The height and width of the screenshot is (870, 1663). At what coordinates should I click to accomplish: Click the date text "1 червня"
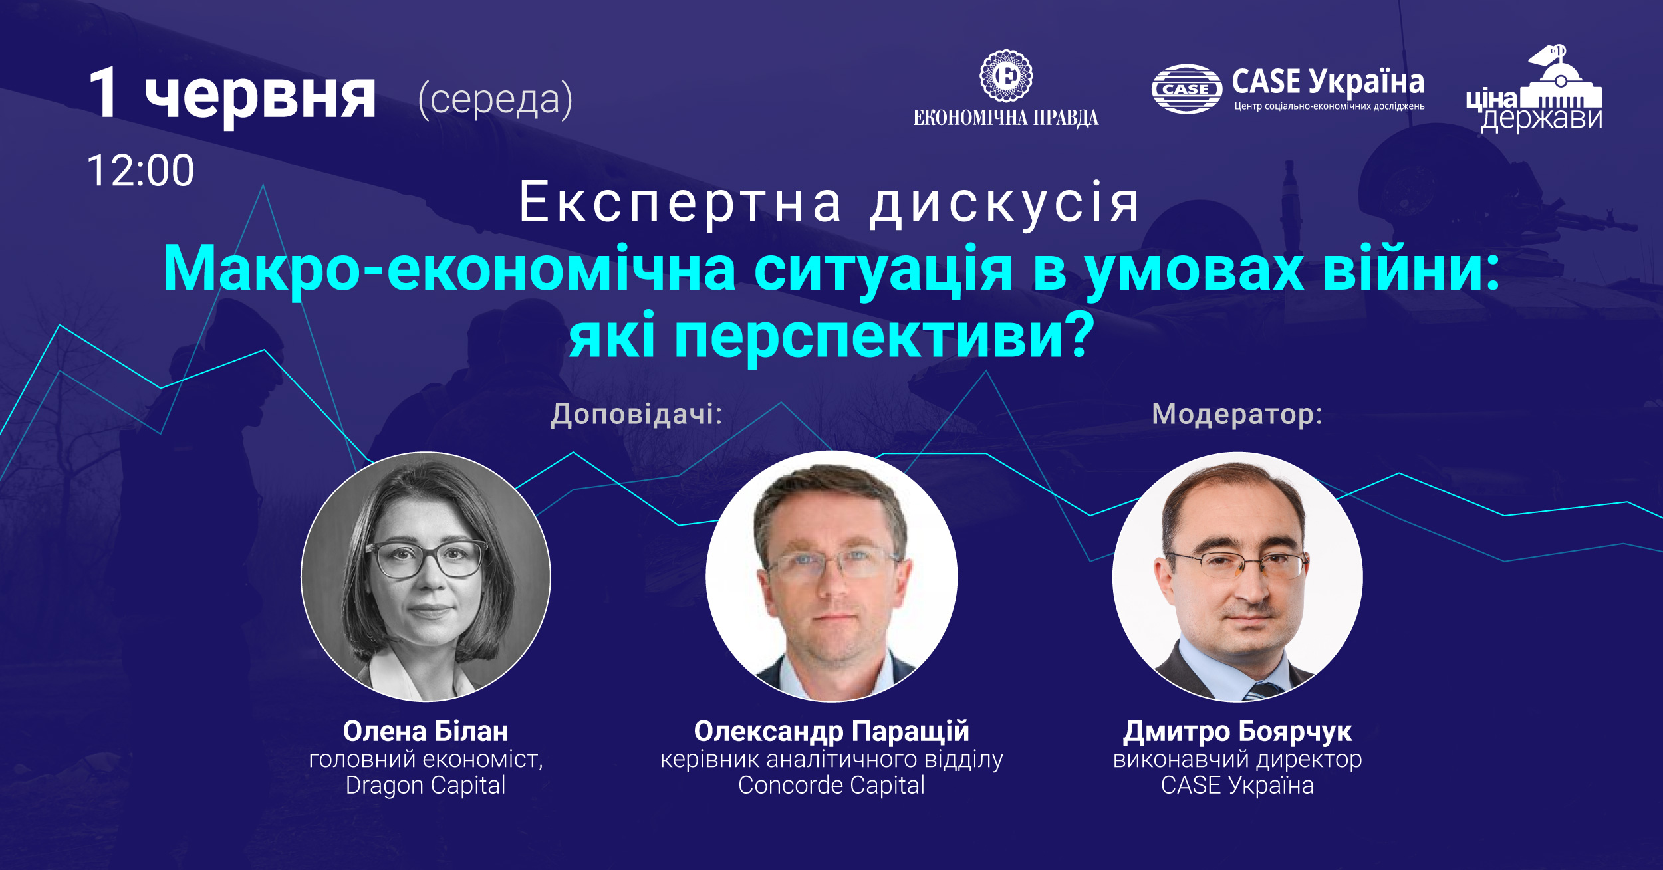tap(232, 94)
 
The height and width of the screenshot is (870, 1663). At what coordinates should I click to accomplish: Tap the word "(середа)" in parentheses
tap(495, 100)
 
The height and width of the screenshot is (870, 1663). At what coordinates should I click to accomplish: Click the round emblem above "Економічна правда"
tap(1007, 75)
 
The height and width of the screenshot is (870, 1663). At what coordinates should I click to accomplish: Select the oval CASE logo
tap(1187, 89)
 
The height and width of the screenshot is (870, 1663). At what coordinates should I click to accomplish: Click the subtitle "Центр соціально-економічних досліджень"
tap(1329, 106)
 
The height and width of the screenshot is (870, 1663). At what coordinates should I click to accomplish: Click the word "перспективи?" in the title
tap(884, 337)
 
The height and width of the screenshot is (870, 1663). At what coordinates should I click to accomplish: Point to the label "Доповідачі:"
tap(636, 414)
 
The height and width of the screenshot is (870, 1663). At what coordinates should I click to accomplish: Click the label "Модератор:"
tap(1237, 414)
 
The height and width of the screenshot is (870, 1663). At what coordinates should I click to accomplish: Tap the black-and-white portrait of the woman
tap(426, 576)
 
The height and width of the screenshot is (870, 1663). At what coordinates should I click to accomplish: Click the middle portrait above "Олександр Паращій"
tap(832, 576)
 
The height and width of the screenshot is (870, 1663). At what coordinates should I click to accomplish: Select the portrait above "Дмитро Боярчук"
tap(1237, 576)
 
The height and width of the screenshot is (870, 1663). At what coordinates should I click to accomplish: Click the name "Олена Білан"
tap(426, 731)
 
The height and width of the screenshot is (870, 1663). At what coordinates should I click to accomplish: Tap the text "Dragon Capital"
tap(426, 786)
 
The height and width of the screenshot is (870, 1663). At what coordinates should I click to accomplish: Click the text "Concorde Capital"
tap(831, 786)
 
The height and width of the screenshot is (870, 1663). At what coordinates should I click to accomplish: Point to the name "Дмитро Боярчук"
tap(1237, 732)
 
